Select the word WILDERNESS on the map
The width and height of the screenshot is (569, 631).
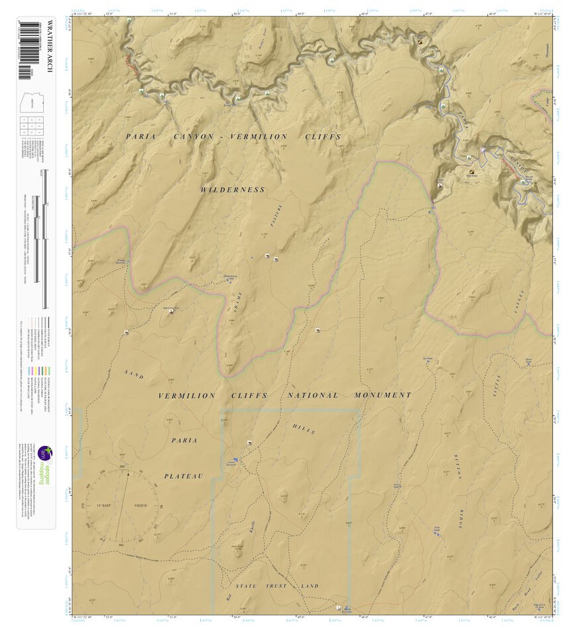[233, 190]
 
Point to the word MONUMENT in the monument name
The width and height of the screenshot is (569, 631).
[383, 395]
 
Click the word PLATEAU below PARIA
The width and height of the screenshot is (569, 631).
[184, 476]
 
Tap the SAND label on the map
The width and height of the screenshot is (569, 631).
[134, 374]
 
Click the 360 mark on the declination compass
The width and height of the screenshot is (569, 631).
[123, 467]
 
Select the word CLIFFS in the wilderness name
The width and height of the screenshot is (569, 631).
[322, 137]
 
